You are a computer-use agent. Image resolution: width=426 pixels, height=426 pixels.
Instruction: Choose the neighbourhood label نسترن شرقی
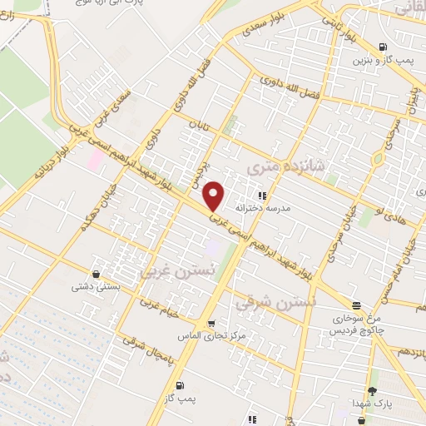(264, 303)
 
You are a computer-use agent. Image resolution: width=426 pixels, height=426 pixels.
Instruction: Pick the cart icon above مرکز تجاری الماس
(211, 323)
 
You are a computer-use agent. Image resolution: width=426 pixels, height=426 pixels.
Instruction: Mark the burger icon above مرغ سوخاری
(357, 306)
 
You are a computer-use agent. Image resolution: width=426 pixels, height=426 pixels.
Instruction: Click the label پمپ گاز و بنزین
(381, 59)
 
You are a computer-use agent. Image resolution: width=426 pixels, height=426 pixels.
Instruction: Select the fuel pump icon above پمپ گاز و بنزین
(382, 47)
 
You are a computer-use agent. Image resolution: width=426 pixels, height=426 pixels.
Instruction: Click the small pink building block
(95, 159)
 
